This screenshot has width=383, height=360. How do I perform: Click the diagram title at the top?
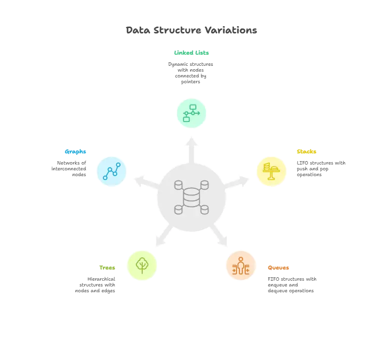pyautogui.click(x=191, y=30)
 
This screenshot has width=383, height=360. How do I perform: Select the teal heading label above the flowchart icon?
pyautogui.click(x=191, y=54)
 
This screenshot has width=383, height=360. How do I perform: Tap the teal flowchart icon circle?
pyautogui.click(x=191, y=113)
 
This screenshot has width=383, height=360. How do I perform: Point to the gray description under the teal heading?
pyautogui.click(x=191, y=73)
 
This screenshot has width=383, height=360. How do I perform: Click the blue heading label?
pyautogui.click(x=75, y=151)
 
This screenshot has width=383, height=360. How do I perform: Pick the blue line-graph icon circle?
pyautogui.click(x=112, y=172)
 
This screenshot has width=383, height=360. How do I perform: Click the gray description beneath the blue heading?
pyautogui.click(x=71, y=167)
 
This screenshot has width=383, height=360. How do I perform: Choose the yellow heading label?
pyautogui.click(x=306, y=151)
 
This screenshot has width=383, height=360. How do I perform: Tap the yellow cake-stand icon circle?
pyautogui.click(x=271, y=171)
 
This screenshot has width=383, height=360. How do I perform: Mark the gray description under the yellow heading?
pyautogui.click(x=321, y=167)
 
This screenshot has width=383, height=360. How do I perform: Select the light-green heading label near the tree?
pyautogui.click(x=107, y=267)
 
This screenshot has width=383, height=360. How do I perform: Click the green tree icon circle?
pyautogui.click(x=142, y=265)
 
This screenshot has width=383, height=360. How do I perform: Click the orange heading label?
pyautogui.click(x=279, y=267)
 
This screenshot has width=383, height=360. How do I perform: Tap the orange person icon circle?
pyautogui.click(x=241, y=266)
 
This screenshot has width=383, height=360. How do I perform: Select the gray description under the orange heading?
pyautogui.click(x=292, y=285)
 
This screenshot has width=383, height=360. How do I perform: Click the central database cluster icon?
pyautogui.click(x=191, y=197)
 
